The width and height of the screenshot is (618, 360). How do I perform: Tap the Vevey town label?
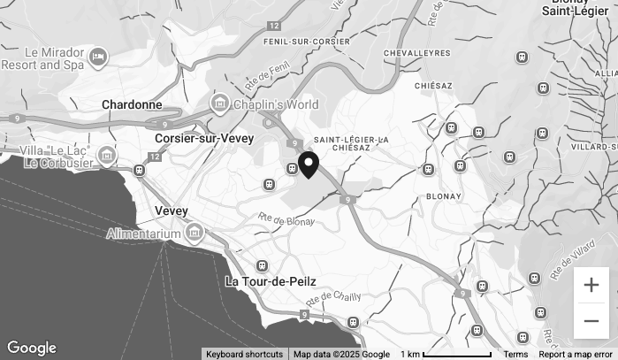coord(171,211)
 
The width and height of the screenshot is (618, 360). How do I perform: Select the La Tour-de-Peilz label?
coord(270,281)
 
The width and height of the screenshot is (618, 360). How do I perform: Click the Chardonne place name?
coord(132,104)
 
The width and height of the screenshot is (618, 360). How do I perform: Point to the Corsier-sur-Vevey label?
coord(204,138)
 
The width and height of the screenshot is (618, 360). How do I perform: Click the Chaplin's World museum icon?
coord(219,104)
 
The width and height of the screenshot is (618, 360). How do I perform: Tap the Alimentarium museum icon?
coord(194,234)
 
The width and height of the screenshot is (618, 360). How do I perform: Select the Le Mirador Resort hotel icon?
coord(98,58)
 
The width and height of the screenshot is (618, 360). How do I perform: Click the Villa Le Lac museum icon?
coord(107,157)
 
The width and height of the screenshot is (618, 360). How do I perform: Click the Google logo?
coord(31,349)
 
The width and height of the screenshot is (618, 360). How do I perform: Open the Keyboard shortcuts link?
coord(244,354)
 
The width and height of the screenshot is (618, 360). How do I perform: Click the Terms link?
coord(515,354)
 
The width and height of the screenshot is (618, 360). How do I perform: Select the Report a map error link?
coord(576,354)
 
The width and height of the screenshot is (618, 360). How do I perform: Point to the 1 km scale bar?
coord(446,354)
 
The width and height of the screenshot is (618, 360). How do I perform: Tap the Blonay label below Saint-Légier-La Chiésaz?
coord(444,196)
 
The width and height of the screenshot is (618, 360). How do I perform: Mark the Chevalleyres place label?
coord(417,53)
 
